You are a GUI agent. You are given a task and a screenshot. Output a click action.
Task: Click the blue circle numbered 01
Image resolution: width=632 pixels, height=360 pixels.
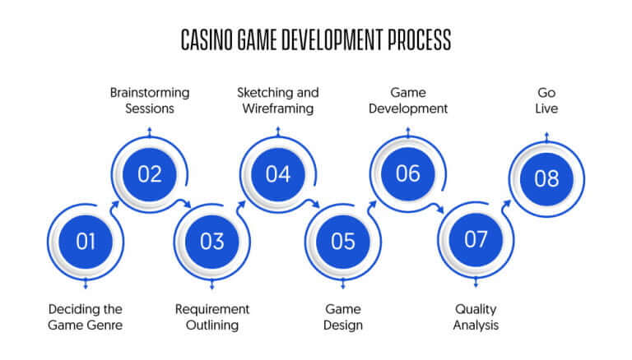(86, 242)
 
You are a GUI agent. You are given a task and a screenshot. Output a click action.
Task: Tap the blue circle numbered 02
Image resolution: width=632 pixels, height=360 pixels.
(150, 174)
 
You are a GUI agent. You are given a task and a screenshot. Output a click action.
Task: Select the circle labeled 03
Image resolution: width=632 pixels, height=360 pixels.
(212, 242)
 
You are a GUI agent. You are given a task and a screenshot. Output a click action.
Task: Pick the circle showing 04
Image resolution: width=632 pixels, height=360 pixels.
(278, 174)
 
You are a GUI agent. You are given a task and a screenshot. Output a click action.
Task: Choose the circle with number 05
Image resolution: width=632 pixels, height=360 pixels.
(343, 242)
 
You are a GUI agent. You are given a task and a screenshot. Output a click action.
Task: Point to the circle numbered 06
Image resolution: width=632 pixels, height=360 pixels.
(408, 173)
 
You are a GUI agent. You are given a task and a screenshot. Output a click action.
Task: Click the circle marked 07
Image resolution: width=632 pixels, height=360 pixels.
(476, 240)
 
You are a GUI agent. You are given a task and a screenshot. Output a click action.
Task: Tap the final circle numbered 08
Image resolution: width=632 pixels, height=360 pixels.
(546, 179)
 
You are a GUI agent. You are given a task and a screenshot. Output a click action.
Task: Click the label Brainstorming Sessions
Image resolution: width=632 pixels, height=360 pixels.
(150, 100)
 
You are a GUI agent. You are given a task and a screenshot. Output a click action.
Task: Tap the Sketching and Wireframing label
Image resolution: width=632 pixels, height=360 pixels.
(278, 100)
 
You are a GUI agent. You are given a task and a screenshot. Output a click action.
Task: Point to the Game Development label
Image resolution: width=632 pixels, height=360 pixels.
(408, 100)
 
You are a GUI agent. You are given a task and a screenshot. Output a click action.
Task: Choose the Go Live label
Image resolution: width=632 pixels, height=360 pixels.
(546, 100)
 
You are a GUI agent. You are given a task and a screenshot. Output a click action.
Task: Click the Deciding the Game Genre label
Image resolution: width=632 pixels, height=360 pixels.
(85, 317)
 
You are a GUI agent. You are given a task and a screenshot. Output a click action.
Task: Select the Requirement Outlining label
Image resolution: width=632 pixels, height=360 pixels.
(212, 317)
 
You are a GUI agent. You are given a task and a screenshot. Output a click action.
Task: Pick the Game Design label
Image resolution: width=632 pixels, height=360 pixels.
(343, 317)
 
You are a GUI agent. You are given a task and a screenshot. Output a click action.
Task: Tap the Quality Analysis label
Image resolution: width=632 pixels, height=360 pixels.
(476, 317)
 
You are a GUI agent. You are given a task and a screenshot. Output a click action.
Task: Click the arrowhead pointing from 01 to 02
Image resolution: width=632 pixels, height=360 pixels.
(114, 205)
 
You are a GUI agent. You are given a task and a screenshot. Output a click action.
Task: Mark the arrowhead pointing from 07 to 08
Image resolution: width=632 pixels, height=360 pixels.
(507, 204)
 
